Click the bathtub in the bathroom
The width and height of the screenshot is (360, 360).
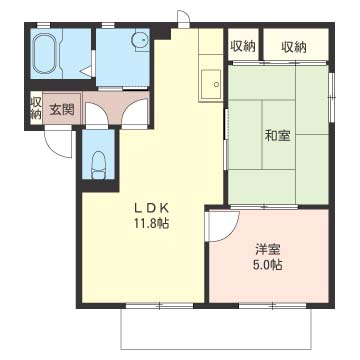46,53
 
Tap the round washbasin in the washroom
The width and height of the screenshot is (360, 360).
139,40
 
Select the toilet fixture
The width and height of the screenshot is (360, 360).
98,165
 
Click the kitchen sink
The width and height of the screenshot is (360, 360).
211,84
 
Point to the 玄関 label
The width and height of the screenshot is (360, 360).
62,109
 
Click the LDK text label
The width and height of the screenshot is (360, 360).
151,208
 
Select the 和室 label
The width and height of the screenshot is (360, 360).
277,136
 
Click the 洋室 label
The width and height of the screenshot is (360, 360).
268,250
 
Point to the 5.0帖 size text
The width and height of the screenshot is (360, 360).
268,265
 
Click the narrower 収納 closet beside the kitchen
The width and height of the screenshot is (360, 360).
243,45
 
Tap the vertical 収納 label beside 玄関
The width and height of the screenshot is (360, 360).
35,108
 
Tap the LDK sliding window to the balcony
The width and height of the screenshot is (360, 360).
160,306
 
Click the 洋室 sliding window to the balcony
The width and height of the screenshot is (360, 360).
273,306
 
